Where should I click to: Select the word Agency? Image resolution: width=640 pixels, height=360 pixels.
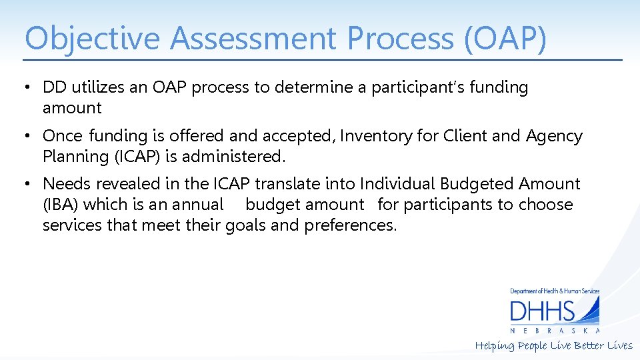point(554,136)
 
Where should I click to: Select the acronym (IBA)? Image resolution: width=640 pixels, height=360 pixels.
point(61,205)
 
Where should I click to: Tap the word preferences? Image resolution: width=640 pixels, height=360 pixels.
point(350,225)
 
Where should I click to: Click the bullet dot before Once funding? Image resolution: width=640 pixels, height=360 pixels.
point(27,137)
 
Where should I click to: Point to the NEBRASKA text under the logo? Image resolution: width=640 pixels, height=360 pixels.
point(555,331)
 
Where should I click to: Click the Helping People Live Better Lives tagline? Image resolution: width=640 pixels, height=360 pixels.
point(553,345)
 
